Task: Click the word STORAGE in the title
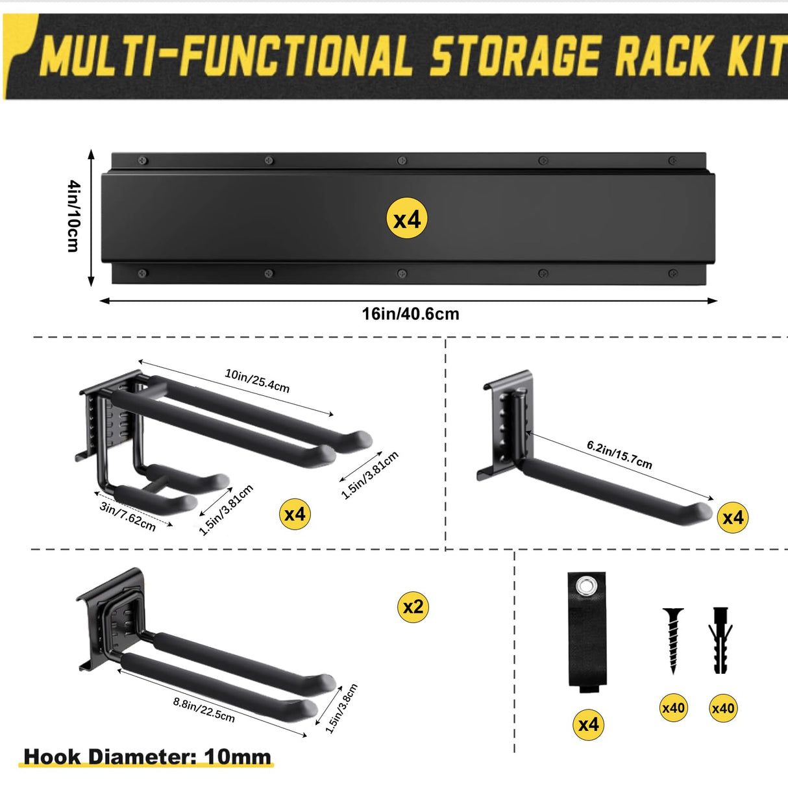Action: (x=516, y=56)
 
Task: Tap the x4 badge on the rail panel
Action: (x=407, y=219)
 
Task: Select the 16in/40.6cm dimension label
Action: (x=410, y=314)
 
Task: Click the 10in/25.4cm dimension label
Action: (x=257, y=380)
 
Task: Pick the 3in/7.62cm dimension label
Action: (x=128, y=517)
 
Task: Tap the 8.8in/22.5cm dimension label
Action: (x=204, y=709)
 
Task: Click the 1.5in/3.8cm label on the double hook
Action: (x=341, y=708)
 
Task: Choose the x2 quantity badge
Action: (x=413, y=607)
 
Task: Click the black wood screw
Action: (x=673, y=639)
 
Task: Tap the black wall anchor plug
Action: (x=720, y=639)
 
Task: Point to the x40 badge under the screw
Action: (x=673, y=708)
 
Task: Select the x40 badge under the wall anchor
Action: (x=722, y=708)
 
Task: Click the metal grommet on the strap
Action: (x=588, y=587)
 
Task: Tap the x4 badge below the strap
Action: (x=589, y=724)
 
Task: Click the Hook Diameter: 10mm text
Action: (x=147, y=757)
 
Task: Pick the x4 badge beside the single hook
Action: (x=733, y=517)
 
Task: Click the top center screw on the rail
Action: (x=402, y=160)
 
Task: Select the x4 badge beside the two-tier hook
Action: (x=295, y=515)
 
